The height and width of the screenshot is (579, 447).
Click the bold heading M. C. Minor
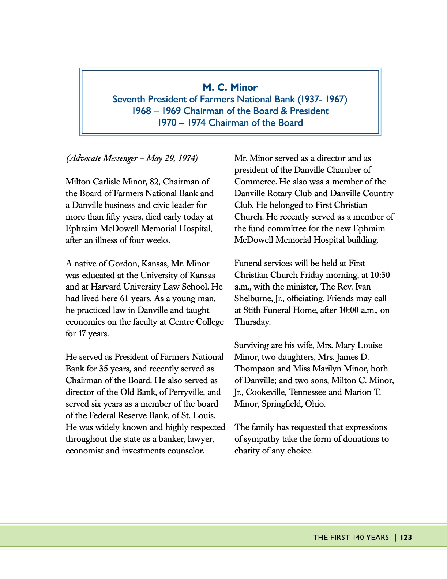click(x=230, y=87)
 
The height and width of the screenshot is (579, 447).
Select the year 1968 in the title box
click(x=142, y=111)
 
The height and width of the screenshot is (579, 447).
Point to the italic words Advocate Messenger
click(x=103, y=158)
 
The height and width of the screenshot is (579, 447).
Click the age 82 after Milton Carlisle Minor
click(x=154, y=182)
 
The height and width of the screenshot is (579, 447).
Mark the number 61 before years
click(x=124, y=299)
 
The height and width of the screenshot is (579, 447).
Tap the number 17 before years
click(x=82, y=334)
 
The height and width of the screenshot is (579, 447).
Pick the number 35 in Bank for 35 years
click(x=104, y=369)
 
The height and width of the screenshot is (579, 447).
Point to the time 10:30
click(x=380, y=275)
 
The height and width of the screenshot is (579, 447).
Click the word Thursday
click(x=252, y=322)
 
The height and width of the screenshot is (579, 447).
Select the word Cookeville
click(x=266, y=392)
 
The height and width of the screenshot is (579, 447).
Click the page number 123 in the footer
click(x=406, y=537)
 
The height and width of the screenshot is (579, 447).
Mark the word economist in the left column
click(x=84, y=451)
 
